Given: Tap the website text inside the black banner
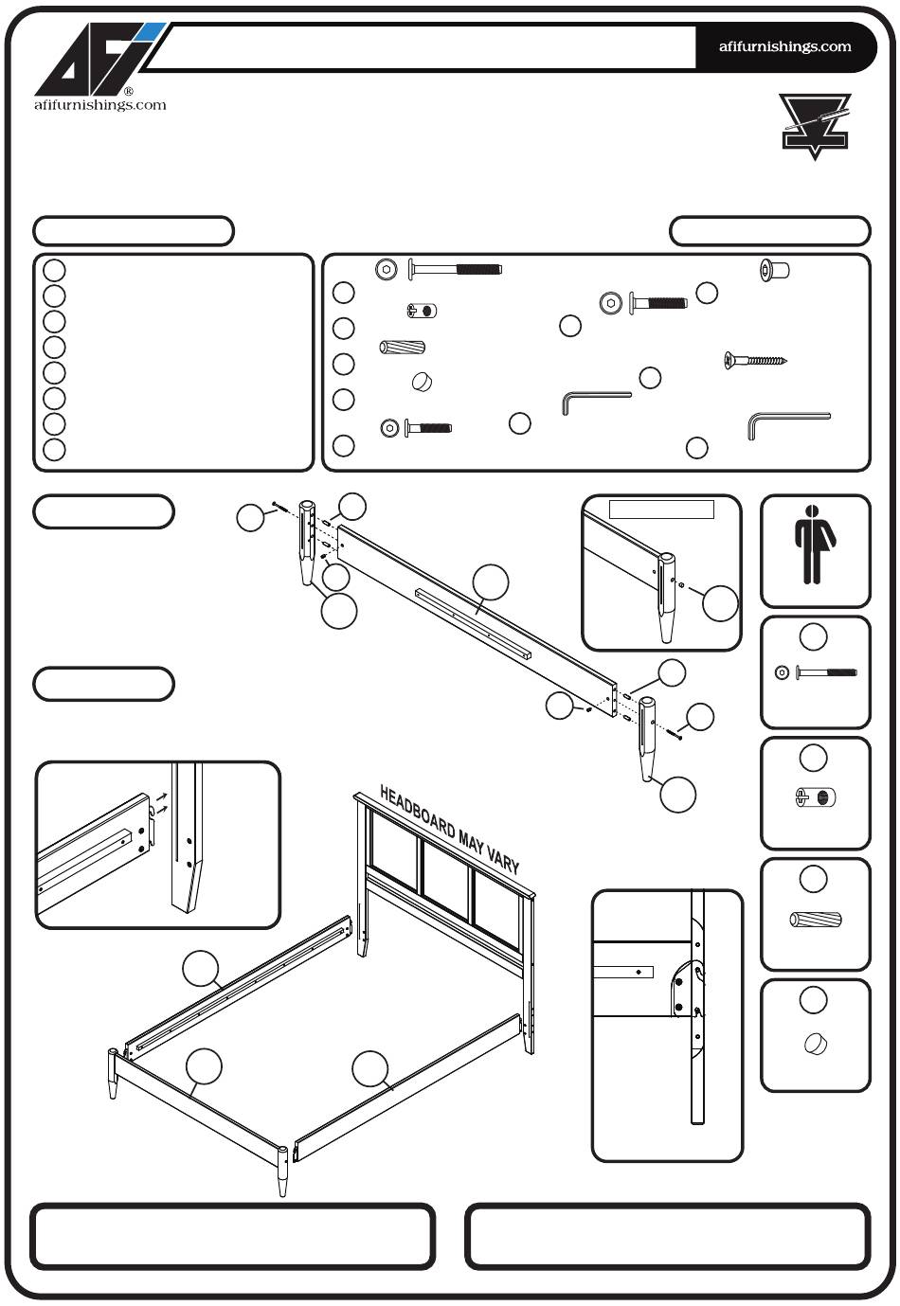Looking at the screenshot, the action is [784, 46].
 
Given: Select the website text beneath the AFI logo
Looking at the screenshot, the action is [99, 105].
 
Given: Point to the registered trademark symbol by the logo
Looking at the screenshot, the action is [129, 91].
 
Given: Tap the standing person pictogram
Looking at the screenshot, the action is [815, 545].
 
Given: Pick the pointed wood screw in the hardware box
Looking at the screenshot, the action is [755, 360].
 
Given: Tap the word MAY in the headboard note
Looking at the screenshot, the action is [471, 842].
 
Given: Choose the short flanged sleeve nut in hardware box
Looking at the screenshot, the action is [775, 271].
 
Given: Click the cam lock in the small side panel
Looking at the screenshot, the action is [815, 796].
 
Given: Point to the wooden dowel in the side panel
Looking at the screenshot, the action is [815, 920].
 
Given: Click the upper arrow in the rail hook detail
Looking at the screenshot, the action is [163, 796].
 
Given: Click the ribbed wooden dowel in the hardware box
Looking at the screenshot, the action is [402, 348].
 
